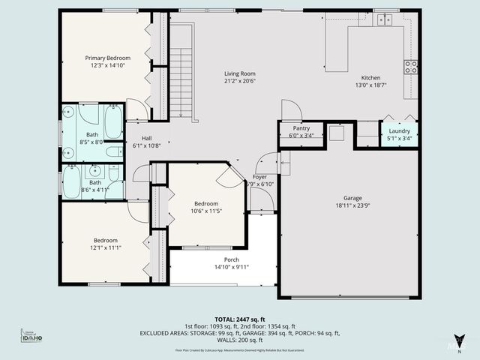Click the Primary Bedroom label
pos(107,58)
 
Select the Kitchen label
pos(371,78)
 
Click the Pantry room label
pos(301,128)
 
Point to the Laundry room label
pos(399,130)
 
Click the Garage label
pos(353,198)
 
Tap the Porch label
pos(231,259)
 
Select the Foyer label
pos(259,177)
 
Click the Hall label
pos(147,138)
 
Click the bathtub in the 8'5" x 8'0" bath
pos(112,122)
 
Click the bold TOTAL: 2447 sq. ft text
pos(239,319)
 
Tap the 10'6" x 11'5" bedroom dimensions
pos(206,211)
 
